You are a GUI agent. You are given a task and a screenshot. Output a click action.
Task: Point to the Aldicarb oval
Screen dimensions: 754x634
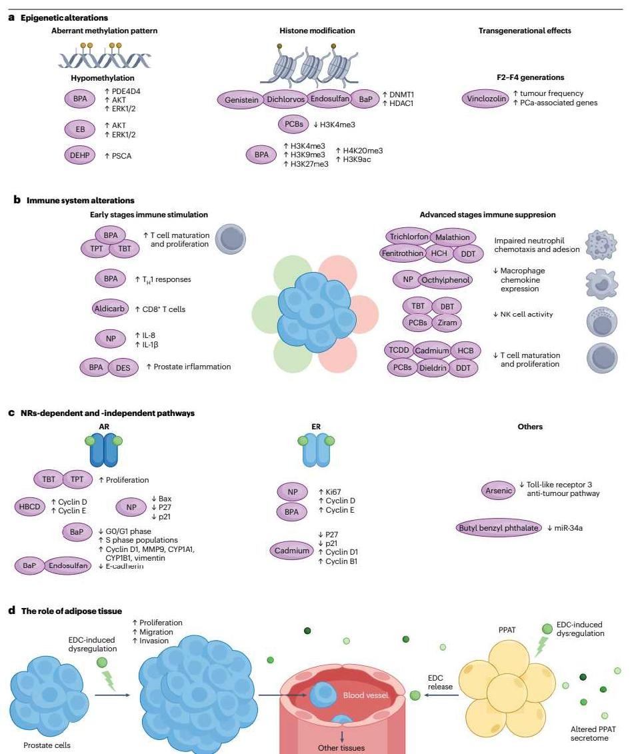coord(109,309)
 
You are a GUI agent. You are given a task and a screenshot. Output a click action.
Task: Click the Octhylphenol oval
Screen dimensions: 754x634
coord(445,281)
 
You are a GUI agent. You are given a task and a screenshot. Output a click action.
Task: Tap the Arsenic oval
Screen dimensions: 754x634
coord(497,491)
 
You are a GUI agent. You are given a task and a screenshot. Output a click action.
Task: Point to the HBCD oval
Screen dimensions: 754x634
coord(31,506)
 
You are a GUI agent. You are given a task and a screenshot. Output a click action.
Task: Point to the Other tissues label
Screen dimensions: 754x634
coord(342,747)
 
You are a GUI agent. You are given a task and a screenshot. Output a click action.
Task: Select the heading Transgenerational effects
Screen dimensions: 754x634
coord(525,31)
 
